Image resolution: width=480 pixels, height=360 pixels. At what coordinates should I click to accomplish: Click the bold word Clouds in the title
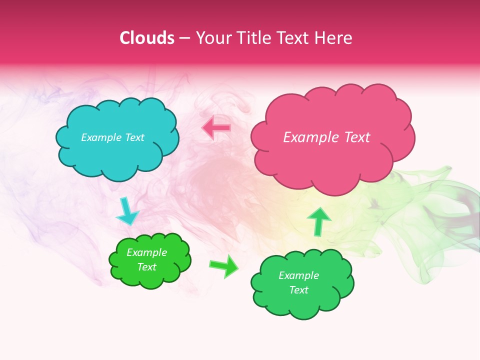(147, 38)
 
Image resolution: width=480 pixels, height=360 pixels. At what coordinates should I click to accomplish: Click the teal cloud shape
(117, 155)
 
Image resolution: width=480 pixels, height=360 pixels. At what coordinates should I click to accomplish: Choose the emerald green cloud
(302, 305)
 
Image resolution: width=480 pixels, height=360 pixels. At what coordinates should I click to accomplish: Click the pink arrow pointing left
(216, 128)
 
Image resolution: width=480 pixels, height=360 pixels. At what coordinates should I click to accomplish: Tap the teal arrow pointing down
(126, 212)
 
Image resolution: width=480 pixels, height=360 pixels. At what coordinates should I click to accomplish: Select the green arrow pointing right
(223, 265)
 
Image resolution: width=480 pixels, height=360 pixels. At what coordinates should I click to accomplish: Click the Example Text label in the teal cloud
(112, 137)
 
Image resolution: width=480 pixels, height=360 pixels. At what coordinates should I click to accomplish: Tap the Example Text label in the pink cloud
(326, 137)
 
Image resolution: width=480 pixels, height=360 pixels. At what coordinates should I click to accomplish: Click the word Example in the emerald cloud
(298, 275)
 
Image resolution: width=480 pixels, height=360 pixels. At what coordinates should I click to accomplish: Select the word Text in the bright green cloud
(146, 267)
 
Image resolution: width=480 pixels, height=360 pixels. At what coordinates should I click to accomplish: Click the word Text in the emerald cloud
(298, 290)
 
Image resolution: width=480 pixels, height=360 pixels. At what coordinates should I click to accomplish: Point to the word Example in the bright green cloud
(146, 252)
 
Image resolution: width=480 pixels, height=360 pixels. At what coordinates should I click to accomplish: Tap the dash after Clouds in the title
(184, 38)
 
